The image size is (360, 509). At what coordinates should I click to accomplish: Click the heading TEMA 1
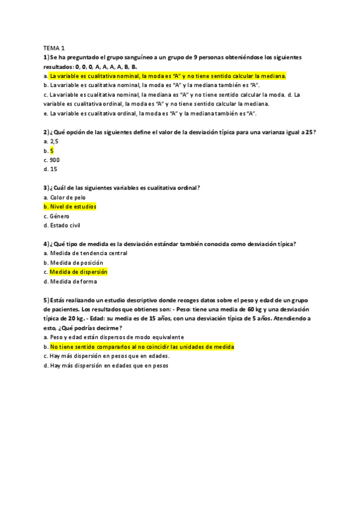tap(54, 48)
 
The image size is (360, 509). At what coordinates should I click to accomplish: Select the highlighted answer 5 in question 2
tap(52, 151)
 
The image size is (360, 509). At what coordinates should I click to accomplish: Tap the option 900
tap(54, 160)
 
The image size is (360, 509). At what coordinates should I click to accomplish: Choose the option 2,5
tap(54, 142)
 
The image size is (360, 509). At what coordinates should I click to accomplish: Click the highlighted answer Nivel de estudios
tap(73, 206)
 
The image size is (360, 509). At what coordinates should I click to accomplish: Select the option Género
tap(60, 216)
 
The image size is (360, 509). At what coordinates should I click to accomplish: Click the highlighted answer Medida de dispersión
tap(79, 272)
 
